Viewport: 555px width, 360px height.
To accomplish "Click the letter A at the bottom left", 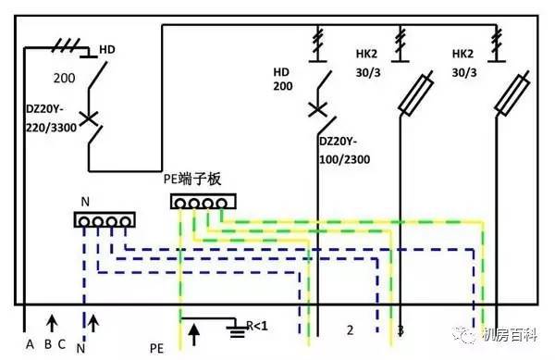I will (x=30, y=345).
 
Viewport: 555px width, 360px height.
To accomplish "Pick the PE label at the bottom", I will (x=156, y=349).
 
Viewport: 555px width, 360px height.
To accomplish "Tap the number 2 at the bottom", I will (x=350, y=330).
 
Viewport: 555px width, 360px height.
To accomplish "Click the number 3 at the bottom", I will (x=400, y=330).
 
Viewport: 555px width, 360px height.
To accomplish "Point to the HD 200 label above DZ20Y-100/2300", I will (x=283, y=79).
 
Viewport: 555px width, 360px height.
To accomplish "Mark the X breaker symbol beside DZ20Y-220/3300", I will (x=88, y=118).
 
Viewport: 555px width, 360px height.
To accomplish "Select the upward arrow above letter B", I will (x=52, y=322).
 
